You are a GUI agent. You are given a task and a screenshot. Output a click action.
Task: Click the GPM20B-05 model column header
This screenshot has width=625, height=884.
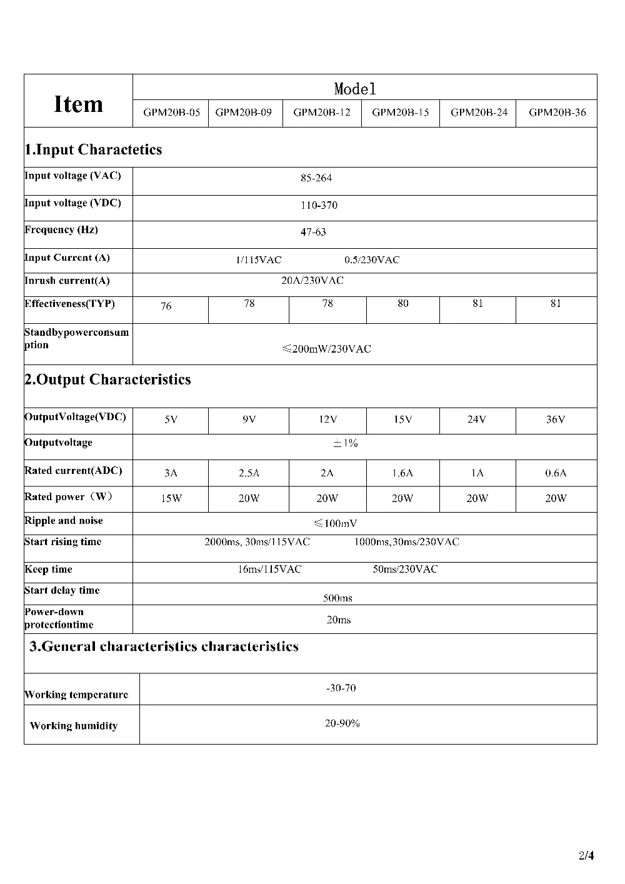(172, 113)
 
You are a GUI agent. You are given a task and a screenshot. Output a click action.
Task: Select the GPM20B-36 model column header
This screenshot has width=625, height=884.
(557, 113)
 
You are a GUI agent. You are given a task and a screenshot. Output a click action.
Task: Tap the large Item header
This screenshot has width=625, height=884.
(79, 104)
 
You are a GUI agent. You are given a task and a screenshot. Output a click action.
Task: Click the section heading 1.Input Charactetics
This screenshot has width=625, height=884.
(93, 150)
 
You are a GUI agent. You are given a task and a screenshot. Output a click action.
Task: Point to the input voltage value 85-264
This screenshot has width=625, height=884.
(316, 179)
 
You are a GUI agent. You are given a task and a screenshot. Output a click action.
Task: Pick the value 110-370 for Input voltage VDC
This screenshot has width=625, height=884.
(319, 206)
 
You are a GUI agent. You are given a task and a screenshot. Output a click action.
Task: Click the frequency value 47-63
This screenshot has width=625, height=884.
(313, 233)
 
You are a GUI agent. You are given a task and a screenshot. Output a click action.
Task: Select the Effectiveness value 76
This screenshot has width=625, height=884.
(166, 306)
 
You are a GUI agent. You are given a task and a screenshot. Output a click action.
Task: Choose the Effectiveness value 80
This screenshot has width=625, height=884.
(403, 304)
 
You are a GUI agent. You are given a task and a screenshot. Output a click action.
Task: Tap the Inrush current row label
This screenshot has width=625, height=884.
(67, 281)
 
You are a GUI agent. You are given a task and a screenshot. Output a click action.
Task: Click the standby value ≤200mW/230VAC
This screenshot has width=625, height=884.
(326, 349)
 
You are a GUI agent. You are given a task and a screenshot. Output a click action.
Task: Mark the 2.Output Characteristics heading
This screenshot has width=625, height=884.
(107, 380)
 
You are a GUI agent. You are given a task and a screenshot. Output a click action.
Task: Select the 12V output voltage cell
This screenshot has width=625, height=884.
(327, 420)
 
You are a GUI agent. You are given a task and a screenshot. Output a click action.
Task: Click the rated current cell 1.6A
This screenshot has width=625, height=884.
(403, 473)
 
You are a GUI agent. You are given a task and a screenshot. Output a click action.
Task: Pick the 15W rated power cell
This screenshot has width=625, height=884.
(171, 499)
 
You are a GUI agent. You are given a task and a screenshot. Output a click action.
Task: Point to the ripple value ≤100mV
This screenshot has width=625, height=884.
(336, 524)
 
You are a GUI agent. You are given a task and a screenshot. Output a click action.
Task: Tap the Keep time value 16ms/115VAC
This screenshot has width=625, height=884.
(269, 570)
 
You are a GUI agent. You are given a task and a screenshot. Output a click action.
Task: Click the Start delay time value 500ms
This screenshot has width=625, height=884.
(337, 598)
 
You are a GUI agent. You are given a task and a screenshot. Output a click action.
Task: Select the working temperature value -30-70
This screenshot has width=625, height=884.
(341, 688)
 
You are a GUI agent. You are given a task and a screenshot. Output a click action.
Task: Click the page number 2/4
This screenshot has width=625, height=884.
(586, 855)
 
